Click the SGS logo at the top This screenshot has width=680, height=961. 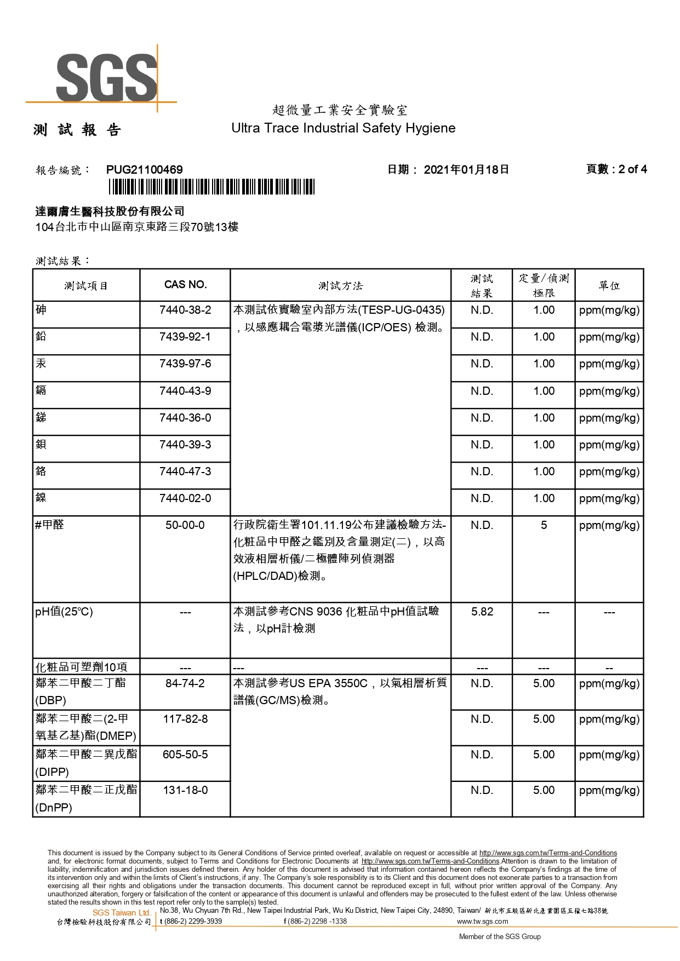point(106,78)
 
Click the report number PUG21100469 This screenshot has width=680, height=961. point(145,170)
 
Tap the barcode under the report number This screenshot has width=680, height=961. point(212,187)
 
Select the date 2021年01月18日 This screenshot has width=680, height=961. point(466,170)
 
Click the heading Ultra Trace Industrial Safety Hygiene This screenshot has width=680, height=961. point(344,128)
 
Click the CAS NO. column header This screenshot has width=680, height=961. point(185,285)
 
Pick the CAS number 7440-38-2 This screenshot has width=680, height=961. point(185,310)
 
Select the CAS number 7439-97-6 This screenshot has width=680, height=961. point(185,364)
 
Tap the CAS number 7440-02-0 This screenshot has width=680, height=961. point(185,498)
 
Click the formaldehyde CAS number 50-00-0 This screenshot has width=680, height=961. point(185,525)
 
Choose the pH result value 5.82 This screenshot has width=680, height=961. point(482,612)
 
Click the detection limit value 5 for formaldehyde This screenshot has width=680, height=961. point(544,525)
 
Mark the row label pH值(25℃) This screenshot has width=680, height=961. point(64,612)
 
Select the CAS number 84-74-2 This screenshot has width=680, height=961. point(185,683)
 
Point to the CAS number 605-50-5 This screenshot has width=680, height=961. point(185,755)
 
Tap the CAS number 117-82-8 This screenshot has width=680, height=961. point(185,719)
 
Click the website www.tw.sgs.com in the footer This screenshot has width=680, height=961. point(482,921)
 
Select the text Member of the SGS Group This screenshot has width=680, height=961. point(500,936)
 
